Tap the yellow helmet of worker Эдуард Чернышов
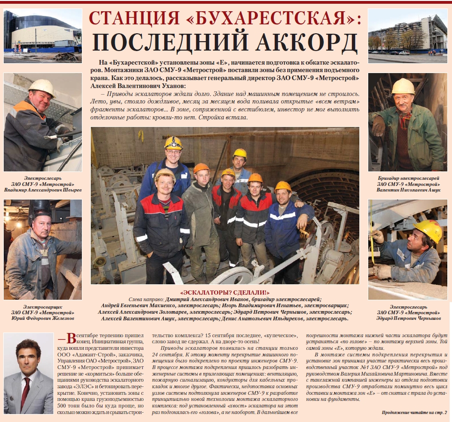[x=429, y=229]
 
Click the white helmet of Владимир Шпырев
[x=41, y=86]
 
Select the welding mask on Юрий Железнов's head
[x=40, y=210]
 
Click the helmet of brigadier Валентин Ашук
[x=403, y=86]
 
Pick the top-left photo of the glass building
[x=43, y=36]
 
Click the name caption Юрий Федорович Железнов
[x=43, y=318]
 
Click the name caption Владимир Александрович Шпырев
[x=43, y=190]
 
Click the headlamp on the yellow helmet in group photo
[x=173, y=140]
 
